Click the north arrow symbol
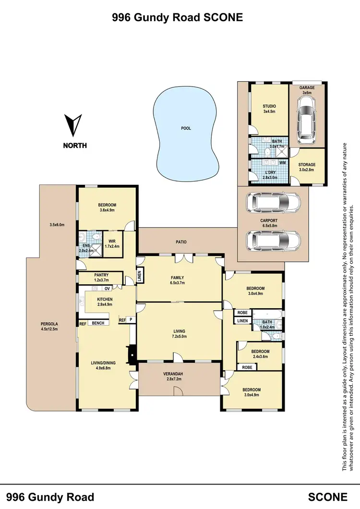(73, 125)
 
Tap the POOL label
(186, 128)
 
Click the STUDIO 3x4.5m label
(269, 109)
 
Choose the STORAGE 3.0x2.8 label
(307, 167)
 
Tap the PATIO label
(180, 242)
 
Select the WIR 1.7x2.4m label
(113, 243)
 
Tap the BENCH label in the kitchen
(98, 323)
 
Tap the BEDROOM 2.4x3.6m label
(261, 354)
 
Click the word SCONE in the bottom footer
(328, 497)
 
